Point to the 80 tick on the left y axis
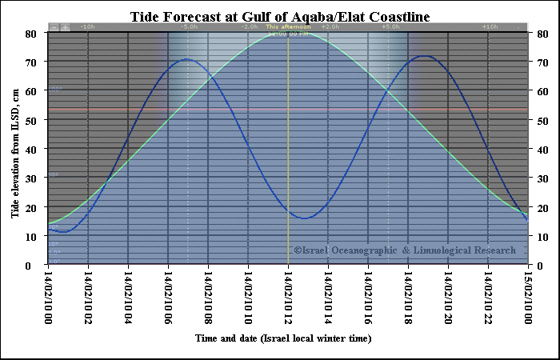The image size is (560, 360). click(x=30, y=34)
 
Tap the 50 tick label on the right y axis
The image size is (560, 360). click(x=542, y=120)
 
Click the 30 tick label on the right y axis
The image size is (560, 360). click(x=542, y=178)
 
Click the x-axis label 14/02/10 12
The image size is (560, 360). click(x=288, y=297)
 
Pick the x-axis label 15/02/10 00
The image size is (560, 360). click(x=528, y=297)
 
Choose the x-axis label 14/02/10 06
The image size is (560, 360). click(x=168, y=297)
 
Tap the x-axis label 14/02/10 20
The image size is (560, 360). click(x=448, y=297)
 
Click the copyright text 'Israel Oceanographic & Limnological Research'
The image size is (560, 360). click(x=404, y=250)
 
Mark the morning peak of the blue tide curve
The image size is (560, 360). click(x=187, y=59)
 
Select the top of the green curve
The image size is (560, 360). click(x=289, y=33)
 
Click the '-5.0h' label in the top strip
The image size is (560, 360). click(x=190, y=27)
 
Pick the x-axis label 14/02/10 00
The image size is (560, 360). click(x=48, y=297)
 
